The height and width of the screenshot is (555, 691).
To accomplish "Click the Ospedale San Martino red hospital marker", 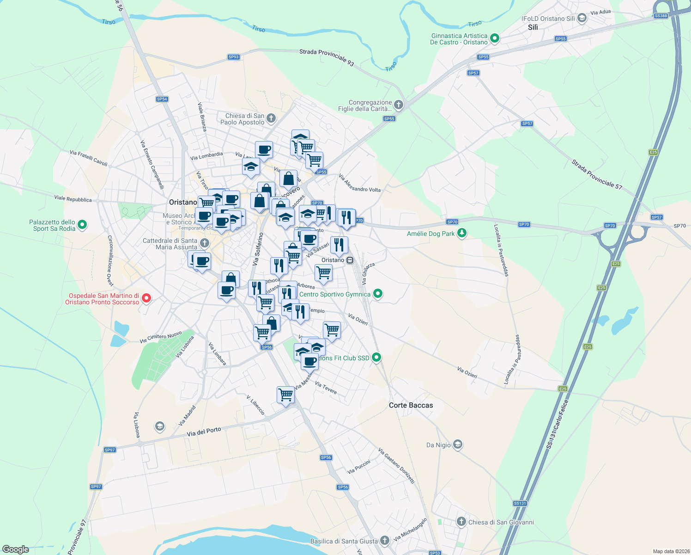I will pyautogui.click(x=146, y=298).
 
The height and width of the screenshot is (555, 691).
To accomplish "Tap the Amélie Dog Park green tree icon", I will pyautogui.click(x=461, y=233).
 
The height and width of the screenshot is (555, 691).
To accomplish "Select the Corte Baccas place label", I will pyautogui.click(x=411, y=405).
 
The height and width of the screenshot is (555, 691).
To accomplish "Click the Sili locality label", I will pyautogui.click(x=533, y=27).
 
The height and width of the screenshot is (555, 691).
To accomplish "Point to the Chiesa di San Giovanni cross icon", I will pyautogui.click(x=461, y=522).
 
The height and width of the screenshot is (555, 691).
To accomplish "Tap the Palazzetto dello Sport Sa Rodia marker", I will pyautogui.click(x=82, y=225).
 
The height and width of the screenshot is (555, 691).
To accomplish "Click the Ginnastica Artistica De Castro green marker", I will pyautogui.click(x=494, y=38).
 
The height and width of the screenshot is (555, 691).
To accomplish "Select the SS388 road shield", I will pyautogui.click(x=661, y=16).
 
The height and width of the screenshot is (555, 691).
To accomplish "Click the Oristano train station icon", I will pyautogui.click(x=350, y=260).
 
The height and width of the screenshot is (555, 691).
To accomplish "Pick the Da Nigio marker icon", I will pyautogui.click(x=457, y=444).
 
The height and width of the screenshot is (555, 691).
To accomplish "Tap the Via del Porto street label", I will pyautogui.click(x=204, y=432).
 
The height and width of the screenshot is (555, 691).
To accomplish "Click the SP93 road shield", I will pyautogui.click(x=234, y=57).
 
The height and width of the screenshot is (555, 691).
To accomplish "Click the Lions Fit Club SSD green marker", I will pyautogui.click(x=376, y=357).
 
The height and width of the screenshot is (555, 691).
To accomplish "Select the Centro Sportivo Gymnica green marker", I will pyautogui.click(x=378, y=294).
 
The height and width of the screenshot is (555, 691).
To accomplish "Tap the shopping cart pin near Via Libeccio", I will pyautogui.click(x=285, y=395).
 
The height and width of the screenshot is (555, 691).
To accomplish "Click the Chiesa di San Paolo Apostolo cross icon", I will pyautogui.click(x=271, y=119).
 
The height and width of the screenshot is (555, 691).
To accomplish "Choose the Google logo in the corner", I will pyautogui.click(x=15, y=549).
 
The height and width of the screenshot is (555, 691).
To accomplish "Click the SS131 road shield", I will pyautogui.click(x=520, y=503).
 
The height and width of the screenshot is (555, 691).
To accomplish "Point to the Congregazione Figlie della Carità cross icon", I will pyautogui.click(x=399, y=105).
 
